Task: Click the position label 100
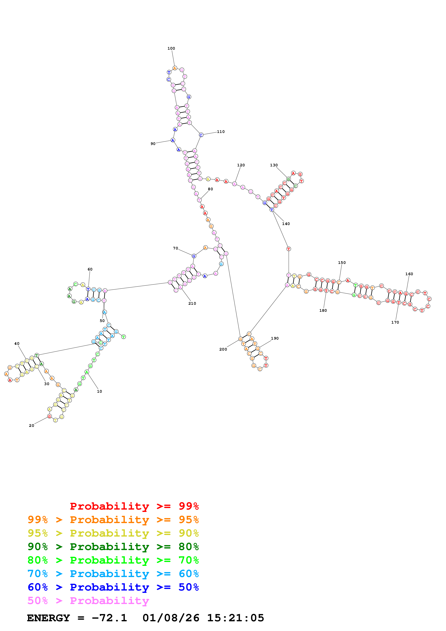pos(171,48)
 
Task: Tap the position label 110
pos(221,132)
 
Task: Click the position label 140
pos(286,224)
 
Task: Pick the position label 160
pos(409,274)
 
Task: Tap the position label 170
pos(395,322)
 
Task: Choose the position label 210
pos(192,303)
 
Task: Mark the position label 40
pos(17,344)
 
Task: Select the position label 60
pos(90,269)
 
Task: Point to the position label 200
pos(223,349)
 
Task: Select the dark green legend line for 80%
pos(113,547)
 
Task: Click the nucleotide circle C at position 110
pos(201,135)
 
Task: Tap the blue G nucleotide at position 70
pos(194,256)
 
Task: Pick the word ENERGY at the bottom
pos(48,618)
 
